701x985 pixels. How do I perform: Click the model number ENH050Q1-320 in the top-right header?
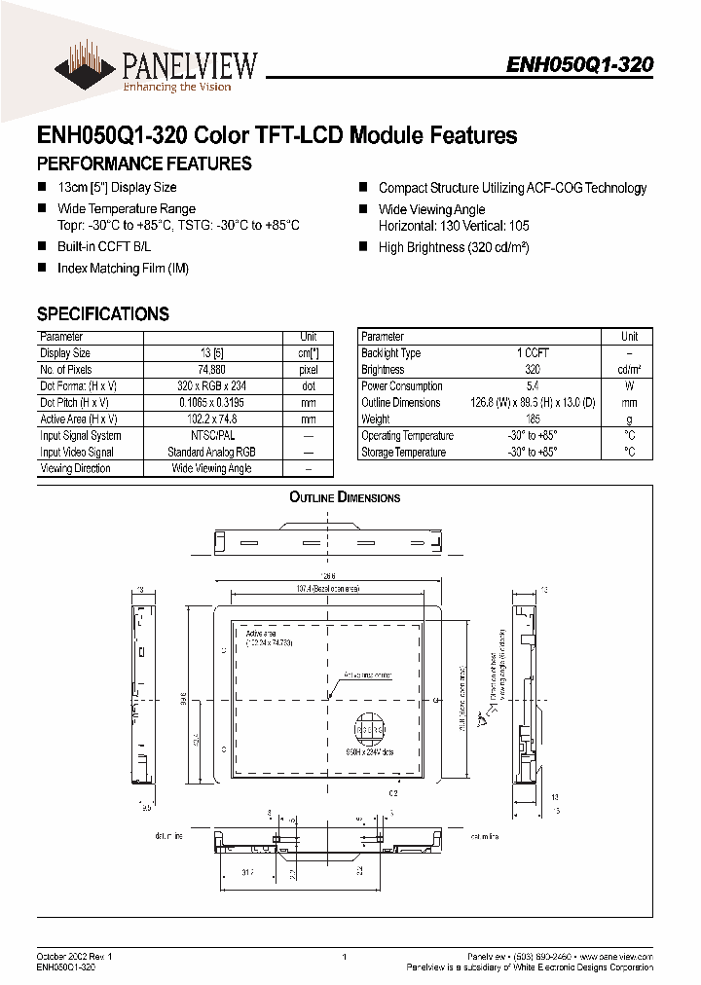tap(579, 64)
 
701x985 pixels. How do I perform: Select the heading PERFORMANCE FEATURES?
tap(144, 164)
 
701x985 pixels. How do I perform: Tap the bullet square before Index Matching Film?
tap(42, 268)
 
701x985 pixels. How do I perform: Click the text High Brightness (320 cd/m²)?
tap(454, 247)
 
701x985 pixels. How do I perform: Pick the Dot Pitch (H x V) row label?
tap(74, 402)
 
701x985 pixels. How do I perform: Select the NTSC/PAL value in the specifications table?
tap(211, 435)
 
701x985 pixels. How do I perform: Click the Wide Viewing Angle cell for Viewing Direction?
tap(211, 468)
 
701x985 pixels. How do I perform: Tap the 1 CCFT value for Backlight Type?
tap(533, 352)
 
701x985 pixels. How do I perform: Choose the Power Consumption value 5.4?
tap(533, 385)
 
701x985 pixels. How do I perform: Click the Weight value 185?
tap(533, 419)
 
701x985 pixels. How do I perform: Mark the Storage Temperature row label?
tap(403, 452)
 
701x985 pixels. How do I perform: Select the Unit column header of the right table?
tap(630, 336)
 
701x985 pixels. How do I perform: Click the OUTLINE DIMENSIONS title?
tap(345, 497)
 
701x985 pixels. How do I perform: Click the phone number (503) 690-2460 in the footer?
tap(560, 958)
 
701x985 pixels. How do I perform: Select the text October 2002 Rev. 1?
tap(75, 958)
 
